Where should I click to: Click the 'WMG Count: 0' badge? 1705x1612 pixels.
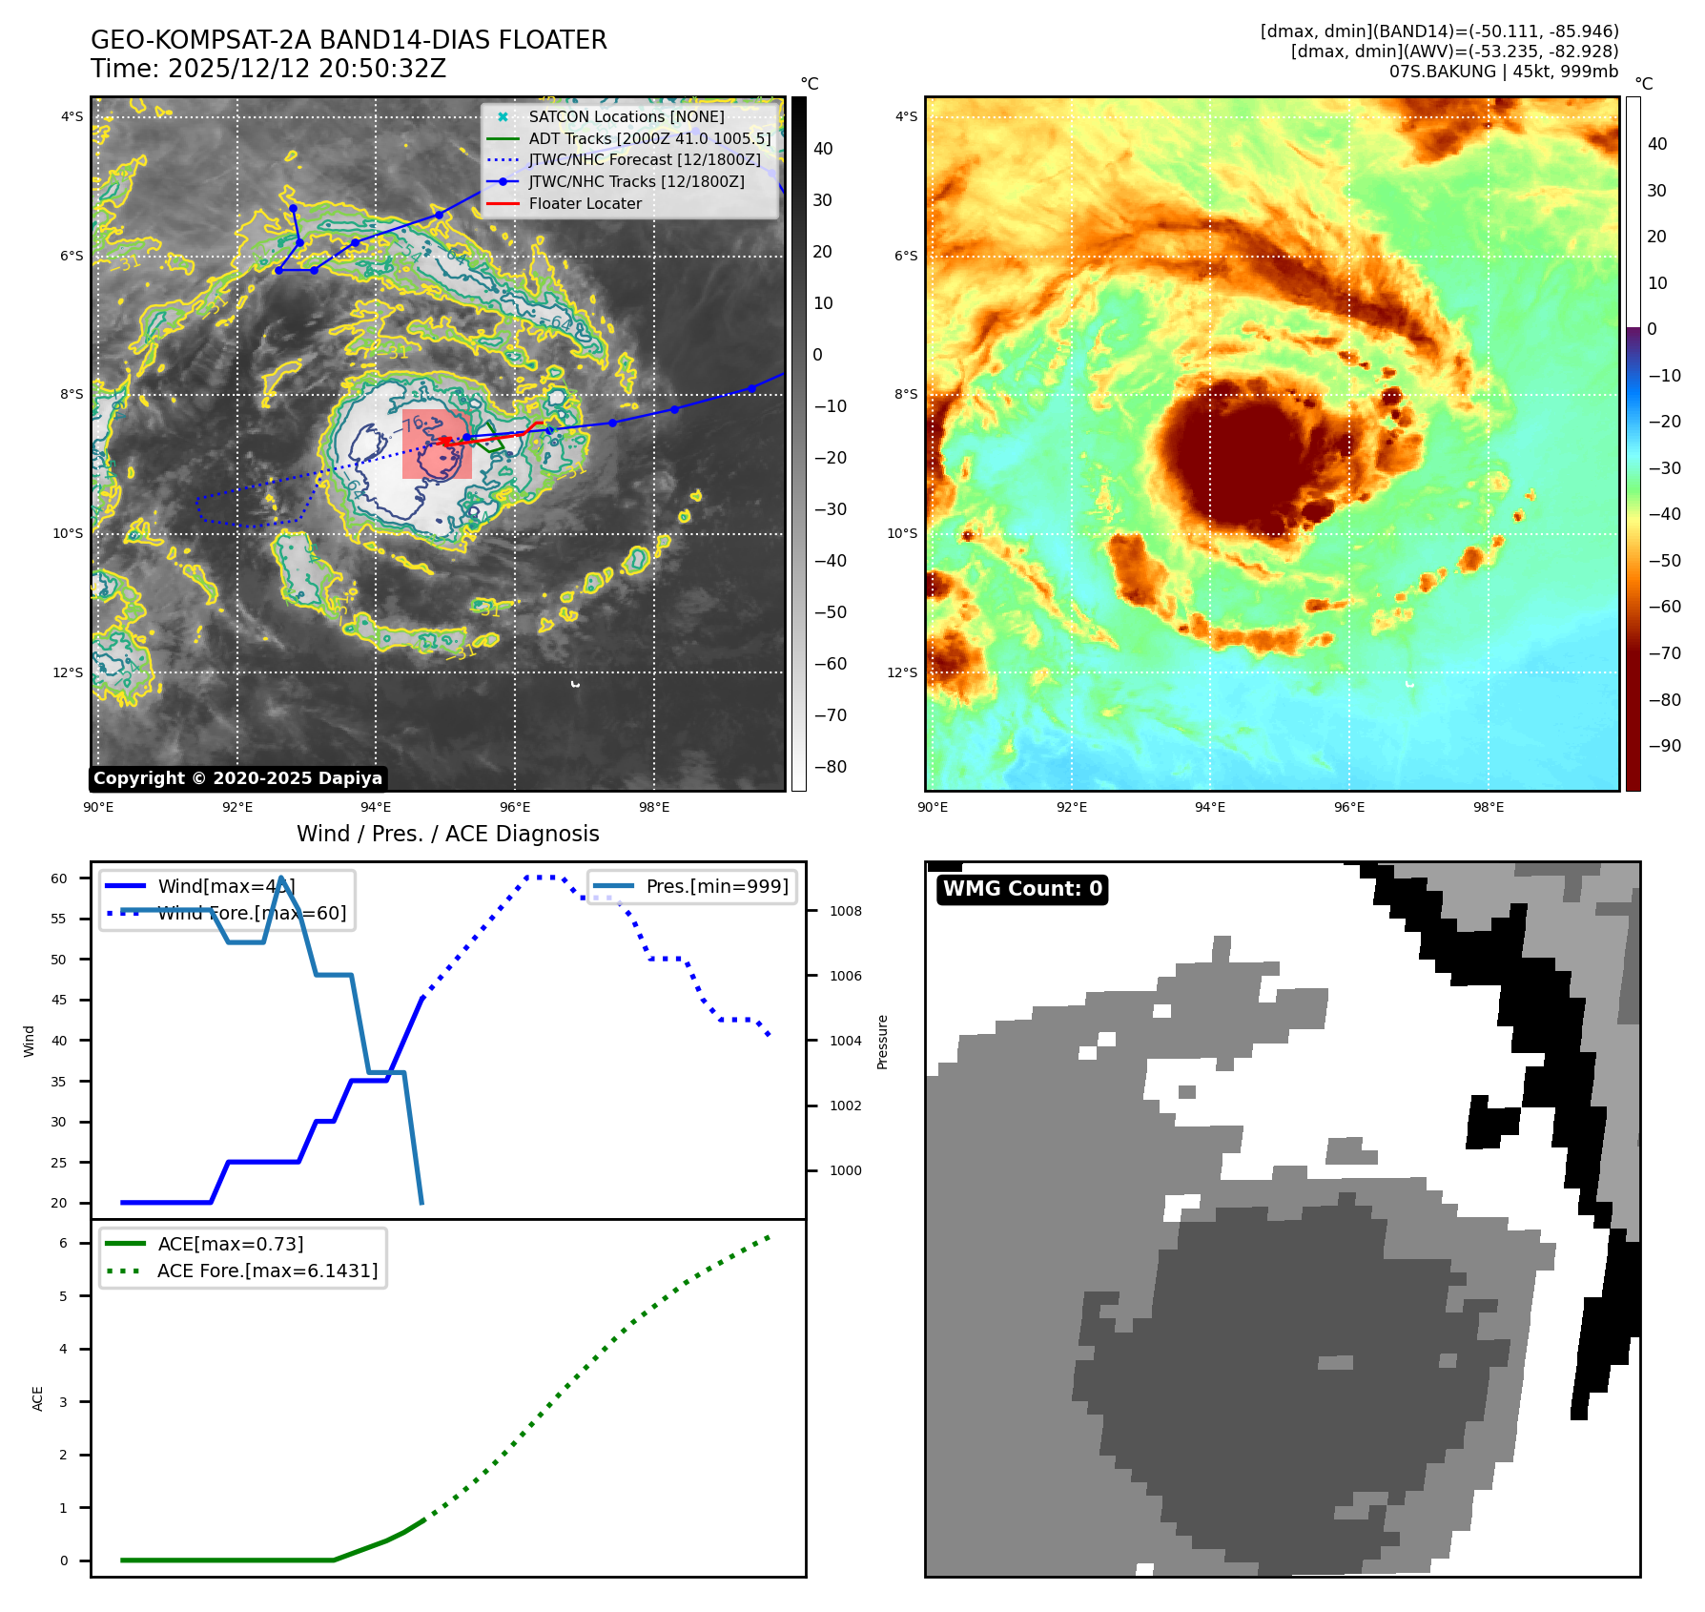coord(1022,889)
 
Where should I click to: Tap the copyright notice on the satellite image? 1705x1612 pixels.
coord(237,778)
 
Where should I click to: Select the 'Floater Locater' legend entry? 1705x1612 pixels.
coord(585,203)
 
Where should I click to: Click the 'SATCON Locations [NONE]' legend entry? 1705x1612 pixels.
coord(626,116)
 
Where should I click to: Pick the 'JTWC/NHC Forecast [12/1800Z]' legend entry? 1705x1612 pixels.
coord(645,159)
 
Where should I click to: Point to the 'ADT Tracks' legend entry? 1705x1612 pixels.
coord(649,138)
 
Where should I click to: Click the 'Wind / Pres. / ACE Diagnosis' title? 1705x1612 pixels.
coord(448,834)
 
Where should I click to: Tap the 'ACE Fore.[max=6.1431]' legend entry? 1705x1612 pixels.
coord(267,1271)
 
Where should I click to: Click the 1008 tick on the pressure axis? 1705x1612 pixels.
coord(845,911)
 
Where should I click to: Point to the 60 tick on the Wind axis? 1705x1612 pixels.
coord(59,878)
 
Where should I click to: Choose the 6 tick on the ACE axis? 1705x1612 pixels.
coord(63,1243)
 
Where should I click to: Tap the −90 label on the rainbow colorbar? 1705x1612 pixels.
coord(1665,746)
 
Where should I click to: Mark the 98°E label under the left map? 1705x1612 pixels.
coord(654,807)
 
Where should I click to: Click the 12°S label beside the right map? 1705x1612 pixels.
coord(902,672)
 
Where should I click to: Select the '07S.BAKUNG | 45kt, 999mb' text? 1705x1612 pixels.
coord(1504,72)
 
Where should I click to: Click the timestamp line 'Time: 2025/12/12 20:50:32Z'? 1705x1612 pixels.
coord(268,69)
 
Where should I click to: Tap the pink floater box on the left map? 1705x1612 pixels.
coord(437,444)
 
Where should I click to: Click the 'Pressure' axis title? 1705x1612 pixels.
coord(883,1042)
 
